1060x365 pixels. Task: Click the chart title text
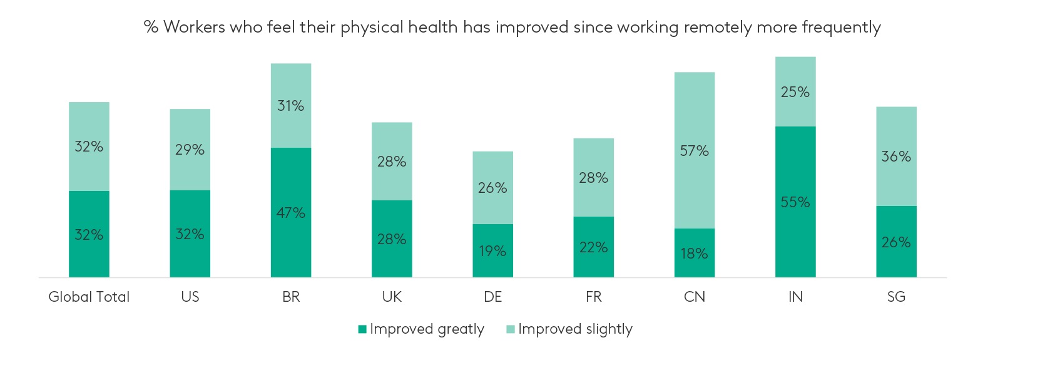pos(512,28)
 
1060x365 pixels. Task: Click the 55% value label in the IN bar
pos(795,202)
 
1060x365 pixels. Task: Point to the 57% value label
pos(695,151)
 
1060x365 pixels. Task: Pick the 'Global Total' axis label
pos(89,297)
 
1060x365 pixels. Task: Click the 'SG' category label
pos(896,297)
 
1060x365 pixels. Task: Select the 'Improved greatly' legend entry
pos(420,329)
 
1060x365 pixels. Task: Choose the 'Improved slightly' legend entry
pos(569,329)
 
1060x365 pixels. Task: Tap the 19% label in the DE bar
pos(492,251)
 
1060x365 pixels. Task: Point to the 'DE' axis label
pos(492,297)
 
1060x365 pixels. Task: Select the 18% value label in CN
pos(695,254)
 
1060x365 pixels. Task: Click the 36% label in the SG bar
pos(896,157)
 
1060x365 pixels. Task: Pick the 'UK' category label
pos(392,297)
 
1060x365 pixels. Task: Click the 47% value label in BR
pos(291,213)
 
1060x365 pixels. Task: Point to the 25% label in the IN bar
pos(795,92)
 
